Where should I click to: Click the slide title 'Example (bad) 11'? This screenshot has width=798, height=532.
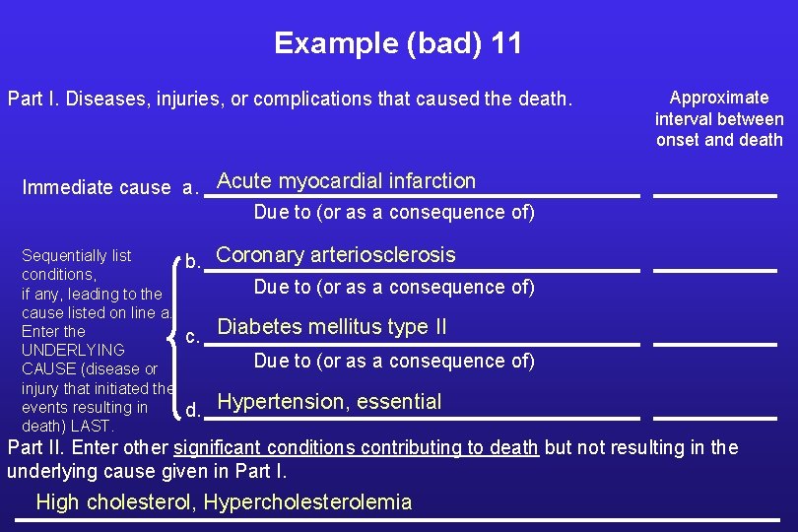pos(398,43)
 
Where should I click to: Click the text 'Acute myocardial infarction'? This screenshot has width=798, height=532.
pos(346,181)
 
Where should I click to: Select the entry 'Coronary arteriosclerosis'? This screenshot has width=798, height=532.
pos(336,255)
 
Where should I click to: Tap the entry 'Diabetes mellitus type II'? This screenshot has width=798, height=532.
pos(331,327)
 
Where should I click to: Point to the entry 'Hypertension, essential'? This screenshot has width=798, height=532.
pos(329,402)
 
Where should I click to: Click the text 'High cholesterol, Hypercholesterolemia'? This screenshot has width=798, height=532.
pos(224,502)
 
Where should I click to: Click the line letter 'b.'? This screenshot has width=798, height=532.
pos(194,262)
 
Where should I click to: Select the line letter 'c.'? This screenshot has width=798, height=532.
pos(194,337)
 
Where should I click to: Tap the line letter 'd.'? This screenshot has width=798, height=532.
pos(194,410)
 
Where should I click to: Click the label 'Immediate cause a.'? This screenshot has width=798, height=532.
pos(109,188)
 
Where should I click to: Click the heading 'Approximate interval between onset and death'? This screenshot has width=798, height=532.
pos(719,118)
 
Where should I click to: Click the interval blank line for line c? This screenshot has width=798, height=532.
pos(715,344)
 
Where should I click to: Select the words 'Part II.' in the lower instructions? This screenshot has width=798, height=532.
pos(34,448)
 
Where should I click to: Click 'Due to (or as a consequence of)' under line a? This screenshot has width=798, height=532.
pos(394,213)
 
